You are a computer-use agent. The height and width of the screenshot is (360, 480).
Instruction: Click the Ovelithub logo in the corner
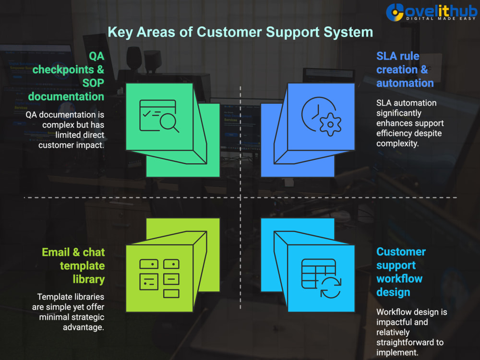point(432,12)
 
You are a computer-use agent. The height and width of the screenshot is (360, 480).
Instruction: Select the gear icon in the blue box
point(330,124)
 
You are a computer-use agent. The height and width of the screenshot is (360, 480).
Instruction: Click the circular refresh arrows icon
point(331,288)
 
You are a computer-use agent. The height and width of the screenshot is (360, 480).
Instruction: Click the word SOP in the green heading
point(94,83)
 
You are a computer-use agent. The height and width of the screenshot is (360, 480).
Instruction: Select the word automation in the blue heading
point(405,83)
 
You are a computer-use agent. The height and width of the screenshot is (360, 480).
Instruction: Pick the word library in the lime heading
point(89,279)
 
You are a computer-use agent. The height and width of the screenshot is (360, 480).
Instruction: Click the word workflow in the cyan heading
point(399,279)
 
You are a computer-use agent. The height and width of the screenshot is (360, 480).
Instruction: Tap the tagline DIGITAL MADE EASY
point(441,19)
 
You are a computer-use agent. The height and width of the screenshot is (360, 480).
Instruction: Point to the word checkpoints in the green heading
point(63,70)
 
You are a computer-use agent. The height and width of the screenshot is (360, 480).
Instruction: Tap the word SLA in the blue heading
point(386,56)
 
